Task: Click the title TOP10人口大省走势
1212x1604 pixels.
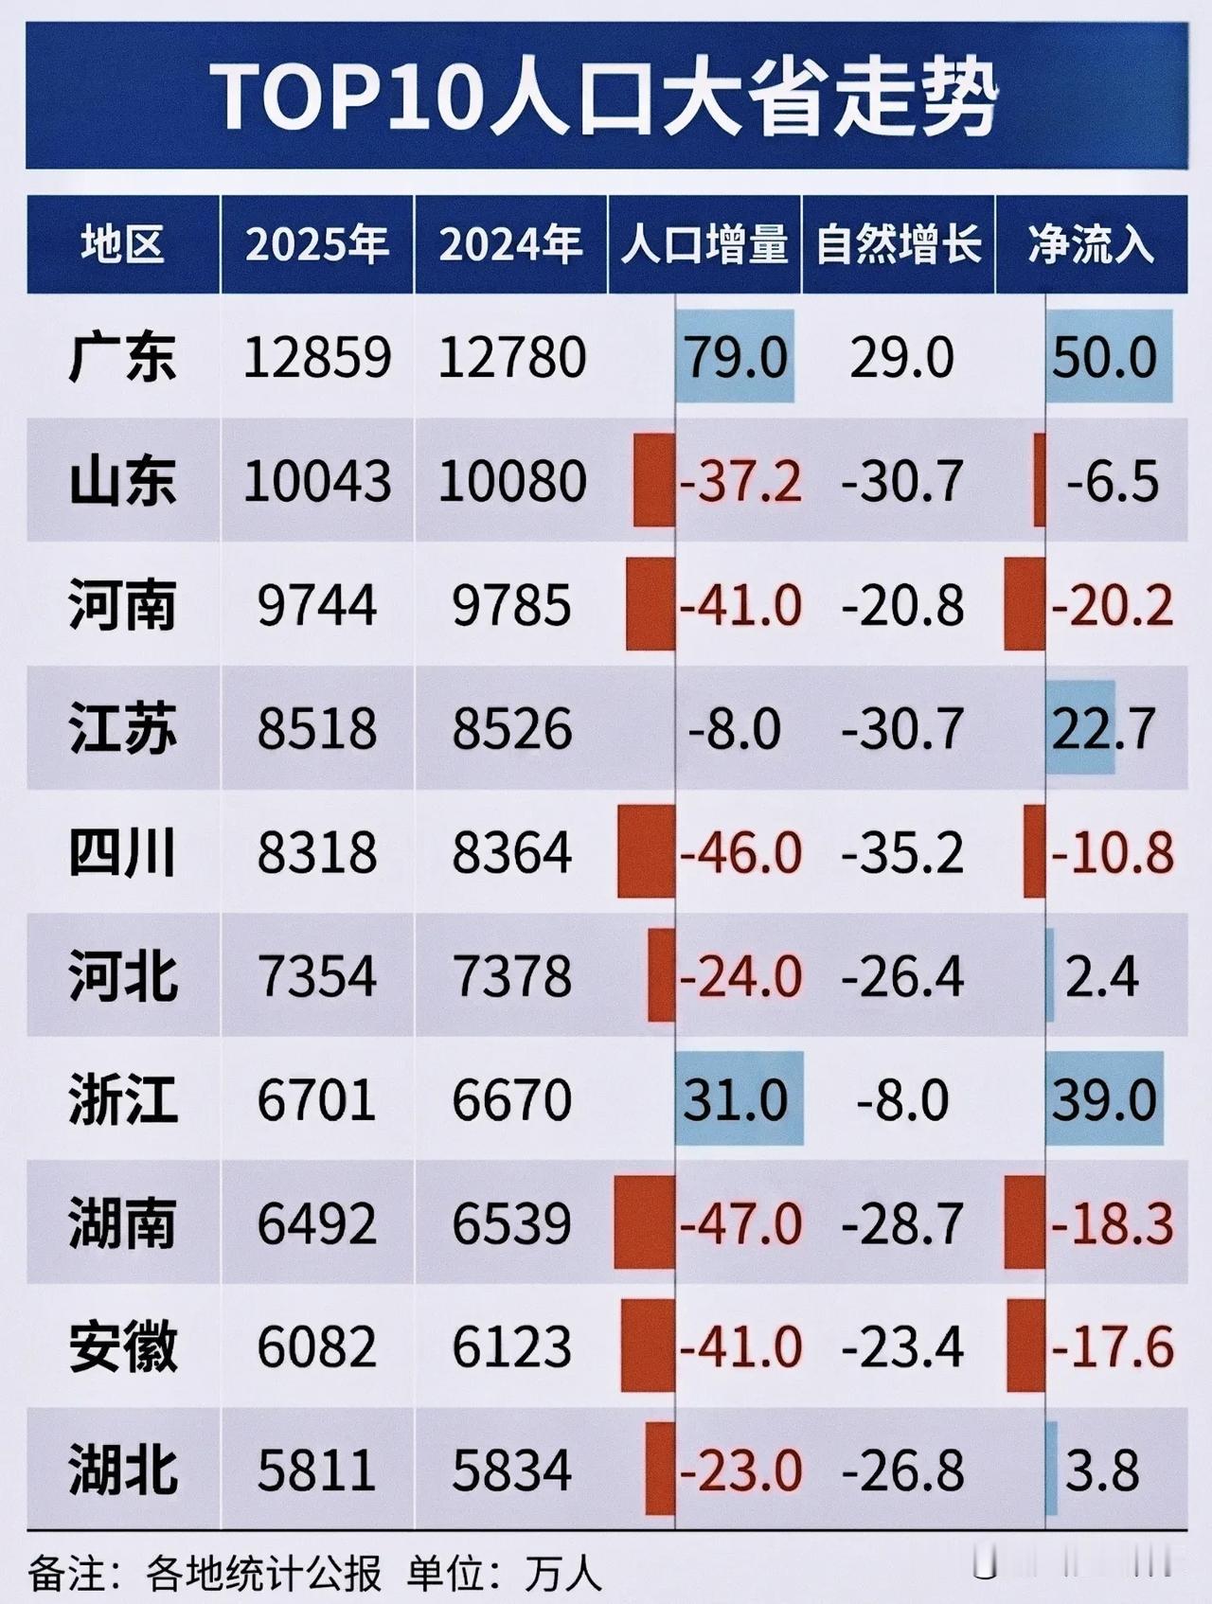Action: click(606, 98)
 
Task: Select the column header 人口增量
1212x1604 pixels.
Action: click(704, 245)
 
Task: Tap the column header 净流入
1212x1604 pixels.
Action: click(1091, 245)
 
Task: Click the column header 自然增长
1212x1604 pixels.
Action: click(899, 245)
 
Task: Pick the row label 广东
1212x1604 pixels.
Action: click(123, 358)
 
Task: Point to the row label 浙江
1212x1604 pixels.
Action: click(123, 1100)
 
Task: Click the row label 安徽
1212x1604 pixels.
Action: click(123, 1347)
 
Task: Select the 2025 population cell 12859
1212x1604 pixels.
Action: click(317, 358)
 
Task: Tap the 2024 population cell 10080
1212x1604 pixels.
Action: click(512, 481)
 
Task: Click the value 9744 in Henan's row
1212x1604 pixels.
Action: click(317, 605)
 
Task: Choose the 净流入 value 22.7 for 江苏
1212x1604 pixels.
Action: click(1103, 729)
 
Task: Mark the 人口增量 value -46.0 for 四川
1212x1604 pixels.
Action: click(740, 852)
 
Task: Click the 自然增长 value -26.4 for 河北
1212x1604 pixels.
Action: click(902, 976)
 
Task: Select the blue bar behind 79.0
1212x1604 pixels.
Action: click(735, 356)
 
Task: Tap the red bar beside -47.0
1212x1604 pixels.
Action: click(644, 1222)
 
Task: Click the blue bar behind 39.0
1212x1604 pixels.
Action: click(1104, 1098)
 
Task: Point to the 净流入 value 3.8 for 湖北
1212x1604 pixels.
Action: click(1102, 1470)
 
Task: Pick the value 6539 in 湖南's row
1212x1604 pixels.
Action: click(512, 1223)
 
